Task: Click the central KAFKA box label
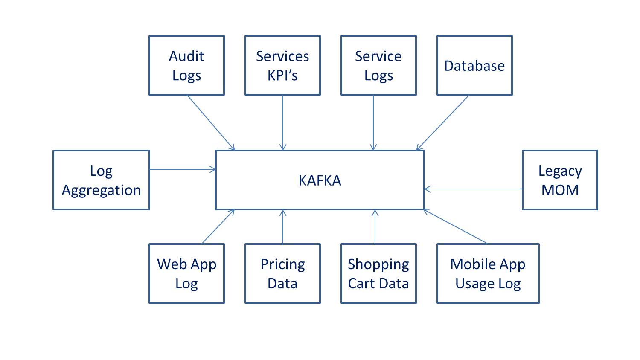320,180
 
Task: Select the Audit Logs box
186,65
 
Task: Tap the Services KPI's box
282,65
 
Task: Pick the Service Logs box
378,65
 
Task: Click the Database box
474,65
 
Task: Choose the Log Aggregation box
101,180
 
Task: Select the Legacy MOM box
560,180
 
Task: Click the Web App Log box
186,273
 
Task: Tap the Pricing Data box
282,273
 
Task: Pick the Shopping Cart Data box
378,273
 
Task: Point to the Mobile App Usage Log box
488,273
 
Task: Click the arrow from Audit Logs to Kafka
211,122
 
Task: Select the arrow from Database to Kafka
443,122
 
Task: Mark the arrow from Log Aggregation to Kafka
183,169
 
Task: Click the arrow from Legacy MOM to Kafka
473,189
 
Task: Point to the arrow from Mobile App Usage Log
456,226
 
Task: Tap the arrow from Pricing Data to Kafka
283,226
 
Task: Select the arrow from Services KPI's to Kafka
283,122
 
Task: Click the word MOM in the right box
560,190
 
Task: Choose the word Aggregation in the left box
101,190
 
